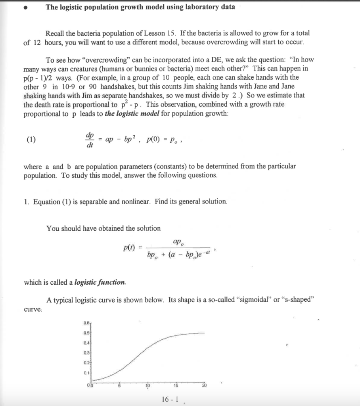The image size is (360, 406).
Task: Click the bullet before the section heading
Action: (x=26, y=8)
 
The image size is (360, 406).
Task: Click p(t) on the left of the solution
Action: (x=128, y=248)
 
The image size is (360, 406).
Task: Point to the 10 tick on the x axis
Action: (x=147, y=386)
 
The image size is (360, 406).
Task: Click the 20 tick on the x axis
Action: (x=204, y=386)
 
